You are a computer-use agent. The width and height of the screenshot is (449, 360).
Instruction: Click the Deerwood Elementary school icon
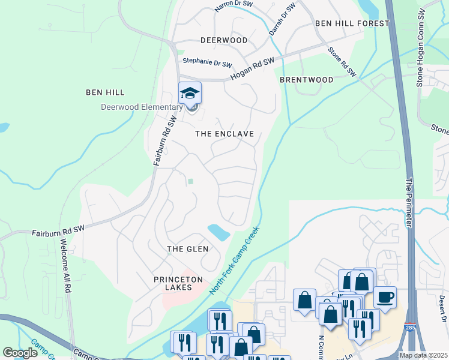190,93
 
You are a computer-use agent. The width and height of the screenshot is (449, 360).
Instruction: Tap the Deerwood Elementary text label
141,107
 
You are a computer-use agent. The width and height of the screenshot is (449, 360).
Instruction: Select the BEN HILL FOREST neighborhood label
352,23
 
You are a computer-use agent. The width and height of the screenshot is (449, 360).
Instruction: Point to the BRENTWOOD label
306,79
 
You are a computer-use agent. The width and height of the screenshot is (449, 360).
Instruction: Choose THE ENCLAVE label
224,134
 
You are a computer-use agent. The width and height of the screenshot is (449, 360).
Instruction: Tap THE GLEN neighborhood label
187,248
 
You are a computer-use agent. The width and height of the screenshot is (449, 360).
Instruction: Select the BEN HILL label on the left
105,92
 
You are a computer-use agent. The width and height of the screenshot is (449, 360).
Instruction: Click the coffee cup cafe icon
384,297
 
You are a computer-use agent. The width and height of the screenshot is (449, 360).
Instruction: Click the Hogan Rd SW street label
252,66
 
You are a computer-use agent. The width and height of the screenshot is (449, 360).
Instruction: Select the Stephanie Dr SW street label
207,62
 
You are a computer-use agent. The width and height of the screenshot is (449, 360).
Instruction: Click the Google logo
20,353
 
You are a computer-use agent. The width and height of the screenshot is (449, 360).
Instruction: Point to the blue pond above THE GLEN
218,232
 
